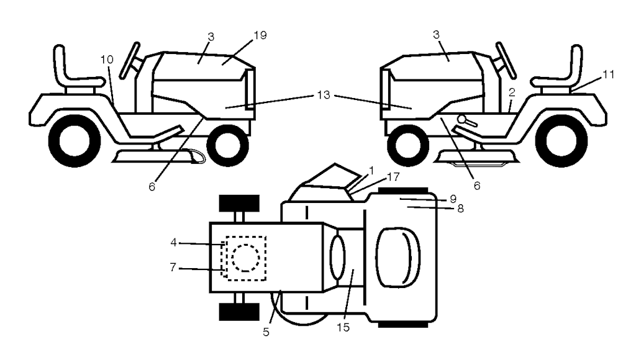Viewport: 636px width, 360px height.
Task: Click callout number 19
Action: coord(260,35)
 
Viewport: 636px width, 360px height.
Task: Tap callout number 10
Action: coord(106,60)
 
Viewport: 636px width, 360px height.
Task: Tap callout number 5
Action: coord(266,332)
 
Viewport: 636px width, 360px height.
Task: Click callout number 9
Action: coord(453,199)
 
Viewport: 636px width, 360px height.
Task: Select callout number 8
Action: coord(460,209)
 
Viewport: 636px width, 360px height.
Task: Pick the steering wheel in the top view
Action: coord(336,256)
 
